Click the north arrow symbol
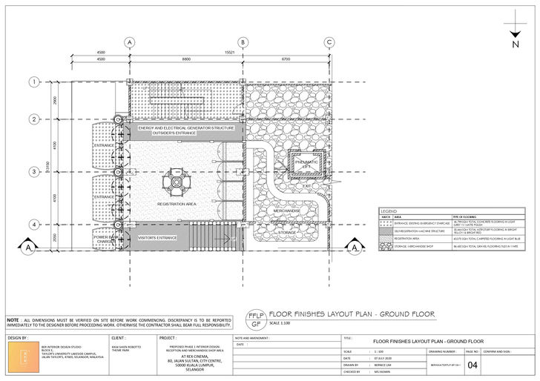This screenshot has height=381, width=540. click(515, 33)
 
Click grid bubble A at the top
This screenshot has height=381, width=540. click(130, 42)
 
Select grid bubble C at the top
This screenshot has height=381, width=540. click(329, 42)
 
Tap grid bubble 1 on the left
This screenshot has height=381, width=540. click(33, 82)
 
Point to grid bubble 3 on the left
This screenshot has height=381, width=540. click(33, 172)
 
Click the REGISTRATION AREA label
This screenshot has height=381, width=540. click(176, 203)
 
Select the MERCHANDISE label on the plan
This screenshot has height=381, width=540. click(287, 211)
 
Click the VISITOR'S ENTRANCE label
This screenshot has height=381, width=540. click(158, 237)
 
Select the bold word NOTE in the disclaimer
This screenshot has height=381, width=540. click(13, 317)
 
